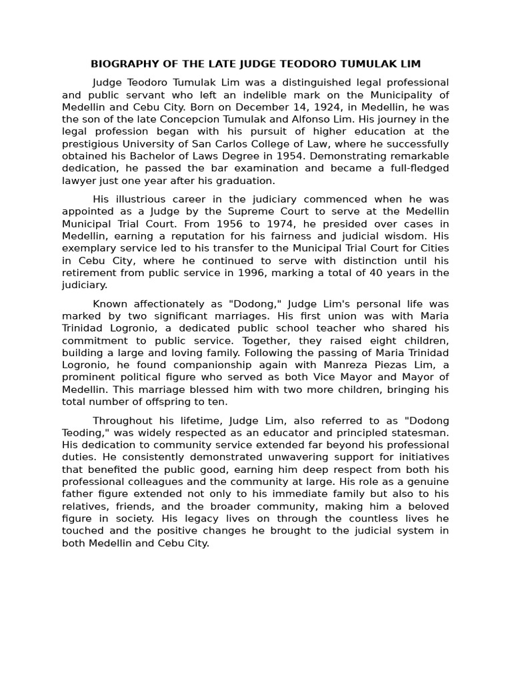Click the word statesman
[x=417, y=432]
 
